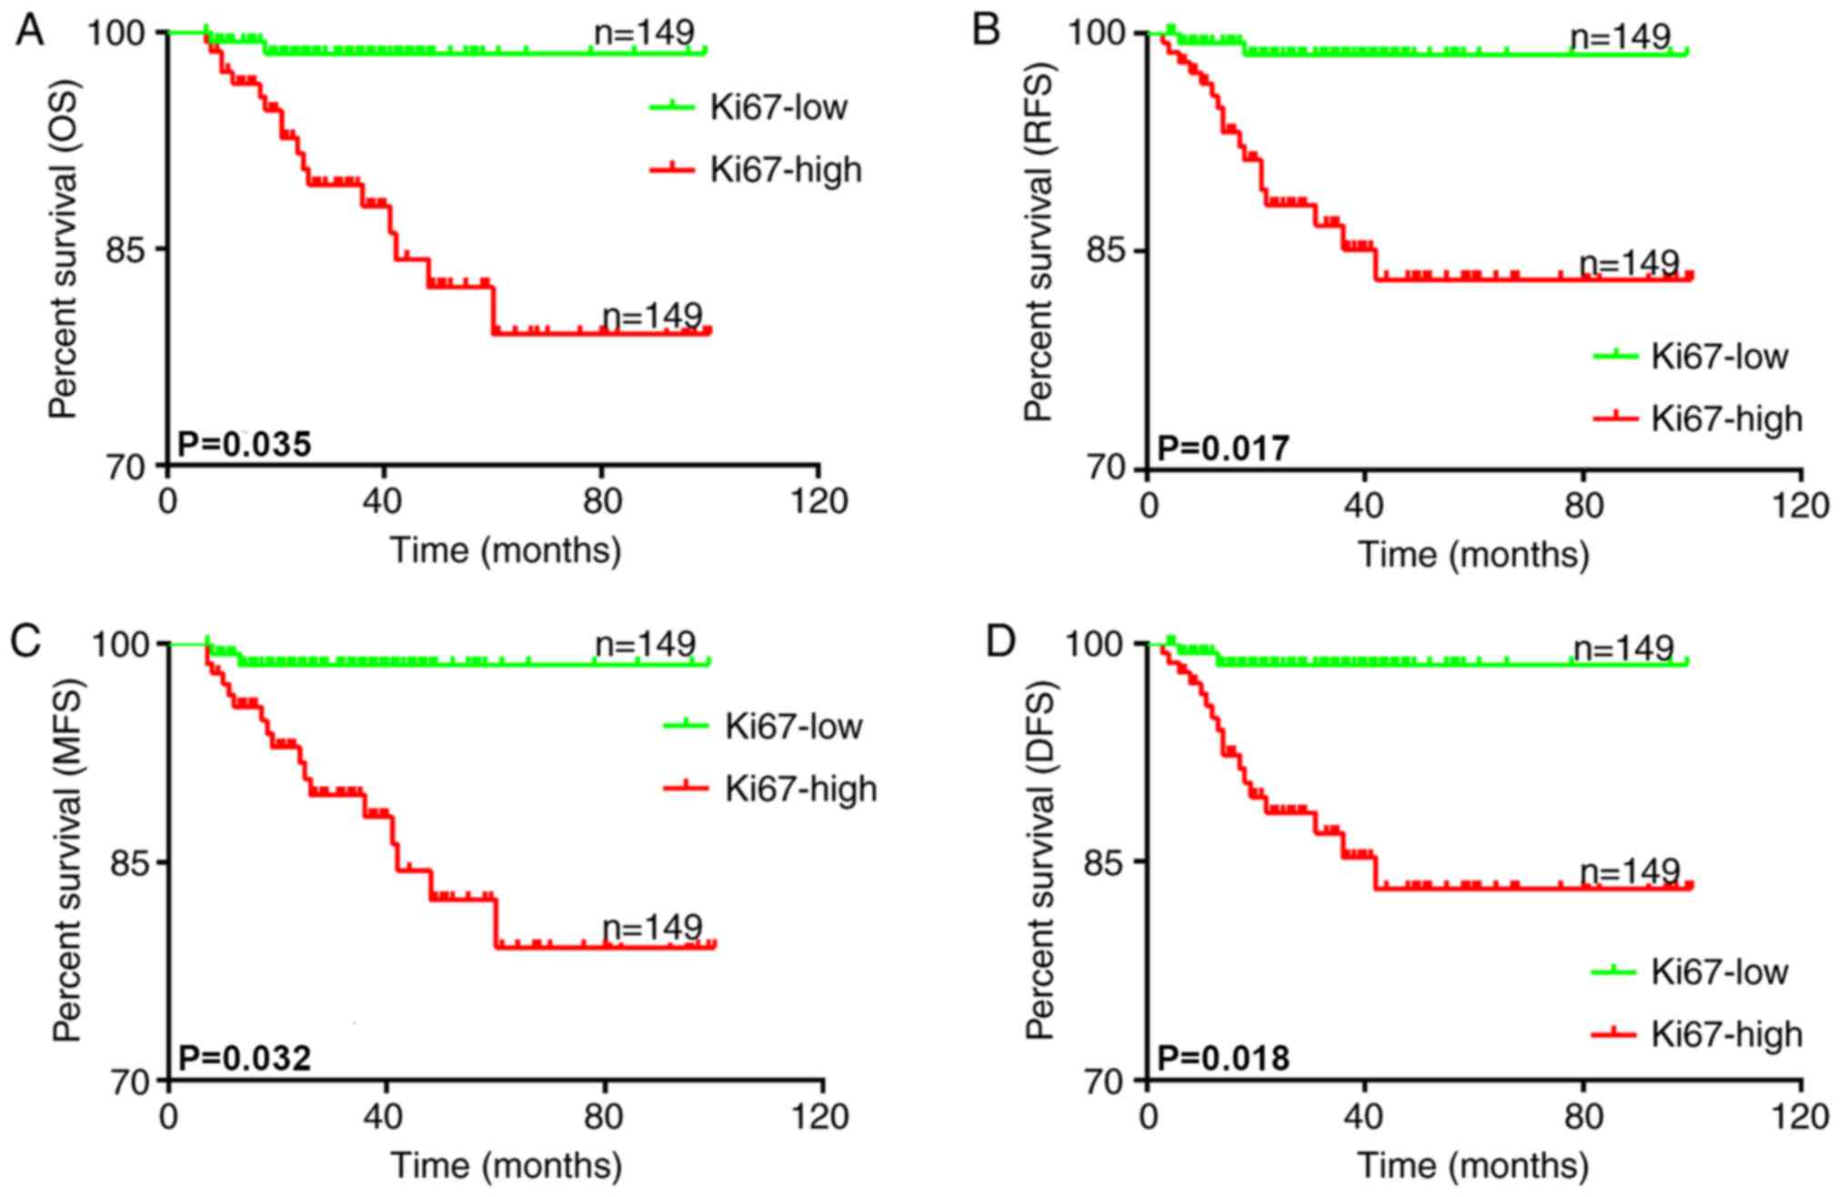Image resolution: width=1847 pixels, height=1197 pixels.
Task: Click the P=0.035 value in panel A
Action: click(x=244, y=445)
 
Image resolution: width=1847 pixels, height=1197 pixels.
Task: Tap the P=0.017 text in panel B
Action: click(x=1223, y=448)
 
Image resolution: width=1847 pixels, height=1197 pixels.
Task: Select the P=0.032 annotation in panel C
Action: click(x=244, y=1058)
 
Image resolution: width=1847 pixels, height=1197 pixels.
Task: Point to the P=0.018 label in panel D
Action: click(x=1223, y=1059)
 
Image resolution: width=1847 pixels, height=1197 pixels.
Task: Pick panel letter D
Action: click(x=1001, y=642)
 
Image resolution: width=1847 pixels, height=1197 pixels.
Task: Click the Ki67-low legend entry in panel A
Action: click(x=778, y=107)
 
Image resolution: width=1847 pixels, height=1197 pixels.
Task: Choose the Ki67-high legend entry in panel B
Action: click(x=1726, y=418)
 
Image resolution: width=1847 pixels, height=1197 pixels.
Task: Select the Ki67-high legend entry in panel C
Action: click(x=800, y=788)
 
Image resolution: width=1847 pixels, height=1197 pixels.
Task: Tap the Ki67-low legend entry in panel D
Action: click(x=1719, y=971)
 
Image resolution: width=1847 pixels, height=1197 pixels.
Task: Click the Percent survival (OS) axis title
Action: click(x=64, y=250)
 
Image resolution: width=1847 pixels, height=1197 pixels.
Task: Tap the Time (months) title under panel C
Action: click(x=507, y=1166)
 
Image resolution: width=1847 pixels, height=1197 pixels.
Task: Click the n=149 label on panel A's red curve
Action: click(x=652, y=316)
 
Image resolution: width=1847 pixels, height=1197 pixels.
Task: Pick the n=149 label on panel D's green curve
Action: click(x=1623, y=648)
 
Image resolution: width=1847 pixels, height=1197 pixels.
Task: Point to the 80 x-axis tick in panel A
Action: click(x=601, y=501)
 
